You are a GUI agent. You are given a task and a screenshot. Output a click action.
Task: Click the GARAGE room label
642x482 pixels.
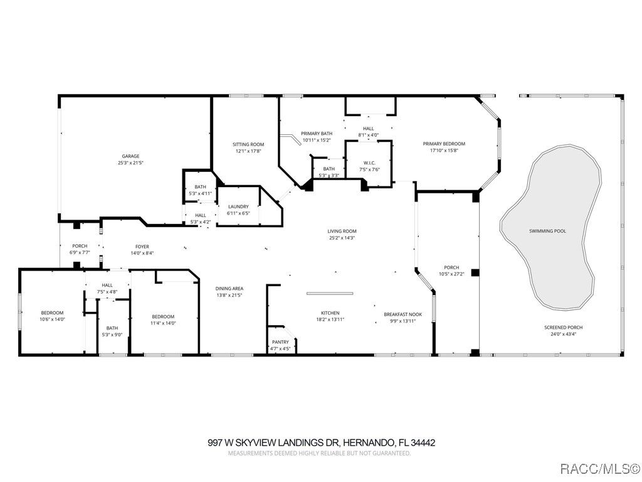point(130,156)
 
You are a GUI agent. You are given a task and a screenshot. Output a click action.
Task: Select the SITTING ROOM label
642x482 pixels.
point(248,144)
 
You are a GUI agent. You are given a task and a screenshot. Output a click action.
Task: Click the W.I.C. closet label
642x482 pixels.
point(369,163)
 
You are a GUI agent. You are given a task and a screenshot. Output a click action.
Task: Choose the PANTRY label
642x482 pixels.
point(280,342)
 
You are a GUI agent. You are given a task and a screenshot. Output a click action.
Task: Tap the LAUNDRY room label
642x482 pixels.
point(238,206)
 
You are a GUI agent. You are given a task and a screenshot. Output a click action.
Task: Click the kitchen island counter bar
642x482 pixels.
point(330,294)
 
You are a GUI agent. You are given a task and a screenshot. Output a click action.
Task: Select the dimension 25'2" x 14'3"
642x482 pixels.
point(342,238)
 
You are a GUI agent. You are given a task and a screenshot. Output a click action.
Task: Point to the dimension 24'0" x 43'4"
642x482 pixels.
point(564,334)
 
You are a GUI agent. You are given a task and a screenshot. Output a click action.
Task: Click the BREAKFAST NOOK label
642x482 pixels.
point(403,314)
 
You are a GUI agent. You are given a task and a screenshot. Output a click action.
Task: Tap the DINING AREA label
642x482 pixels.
point(229,289)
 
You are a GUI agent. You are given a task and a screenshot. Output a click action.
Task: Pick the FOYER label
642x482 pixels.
point(142,247)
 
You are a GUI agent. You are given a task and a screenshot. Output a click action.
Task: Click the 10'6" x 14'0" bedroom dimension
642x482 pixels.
point(52,319)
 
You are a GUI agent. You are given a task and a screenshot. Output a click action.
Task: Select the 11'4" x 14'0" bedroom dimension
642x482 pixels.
point(163,323)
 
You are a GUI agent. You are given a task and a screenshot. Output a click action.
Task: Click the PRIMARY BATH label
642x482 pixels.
point(317,134)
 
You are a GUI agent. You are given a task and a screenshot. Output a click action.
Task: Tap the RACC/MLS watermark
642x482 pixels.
point(599,468)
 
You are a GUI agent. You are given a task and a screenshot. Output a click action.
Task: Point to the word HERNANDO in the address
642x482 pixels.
point(369,443)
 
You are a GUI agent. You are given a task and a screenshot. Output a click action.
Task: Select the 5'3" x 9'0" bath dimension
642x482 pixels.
point(112,335)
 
